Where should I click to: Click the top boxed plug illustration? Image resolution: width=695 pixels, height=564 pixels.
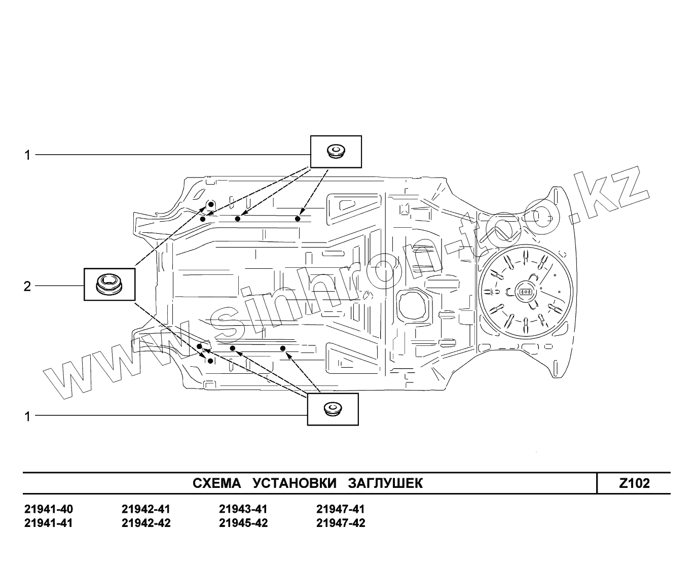(x=336, y=151)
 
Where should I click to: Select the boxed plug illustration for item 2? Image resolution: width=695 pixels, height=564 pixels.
(x=109, y=284)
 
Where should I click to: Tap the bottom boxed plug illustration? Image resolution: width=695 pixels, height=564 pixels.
(x=333, y=409)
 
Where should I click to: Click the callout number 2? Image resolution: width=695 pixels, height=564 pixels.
(x=27, y=287)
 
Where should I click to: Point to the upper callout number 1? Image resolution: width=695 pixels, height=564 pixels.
(x=28, y=155)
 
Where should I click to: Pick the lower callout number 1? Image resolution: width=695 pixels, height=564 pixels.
(x=28, y=417)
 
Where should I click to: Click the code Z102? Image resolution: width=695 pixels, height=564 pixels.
(x=634, y=483)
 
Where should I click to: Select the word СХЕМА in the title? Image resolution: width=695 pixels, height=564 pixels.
(x=217, y=483)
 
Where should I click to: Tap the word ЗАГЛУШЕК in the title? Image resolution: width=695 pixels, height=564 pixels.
(x=385, y=483)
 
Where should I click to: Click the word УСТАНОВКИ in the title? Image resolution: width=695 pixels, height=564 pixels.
(x=295, y=483)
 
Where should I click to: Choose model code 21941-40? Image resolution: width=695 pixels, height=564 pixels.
(x=48, y=509)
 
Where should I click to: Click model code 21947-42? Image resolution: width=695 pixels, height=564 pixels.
(x=340, y=523)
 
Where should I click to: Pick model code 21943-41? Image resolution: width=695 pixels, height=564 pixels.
(x=243, y=509)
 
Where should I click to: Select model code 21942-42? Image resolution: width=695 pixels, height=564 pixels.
(x=146, y=523)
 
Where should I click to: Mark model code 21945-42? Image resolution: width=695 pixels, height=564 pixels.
(x=243, y=523)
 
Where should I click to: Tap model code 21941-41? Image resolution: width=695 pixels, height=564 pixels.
(x=48, y=523)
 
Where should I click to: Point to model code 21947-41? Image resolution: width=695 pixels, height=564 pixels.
(x=340, y=509)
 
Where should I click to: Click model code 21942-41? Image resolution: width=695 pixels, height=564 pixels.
(x=146, y=509)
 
